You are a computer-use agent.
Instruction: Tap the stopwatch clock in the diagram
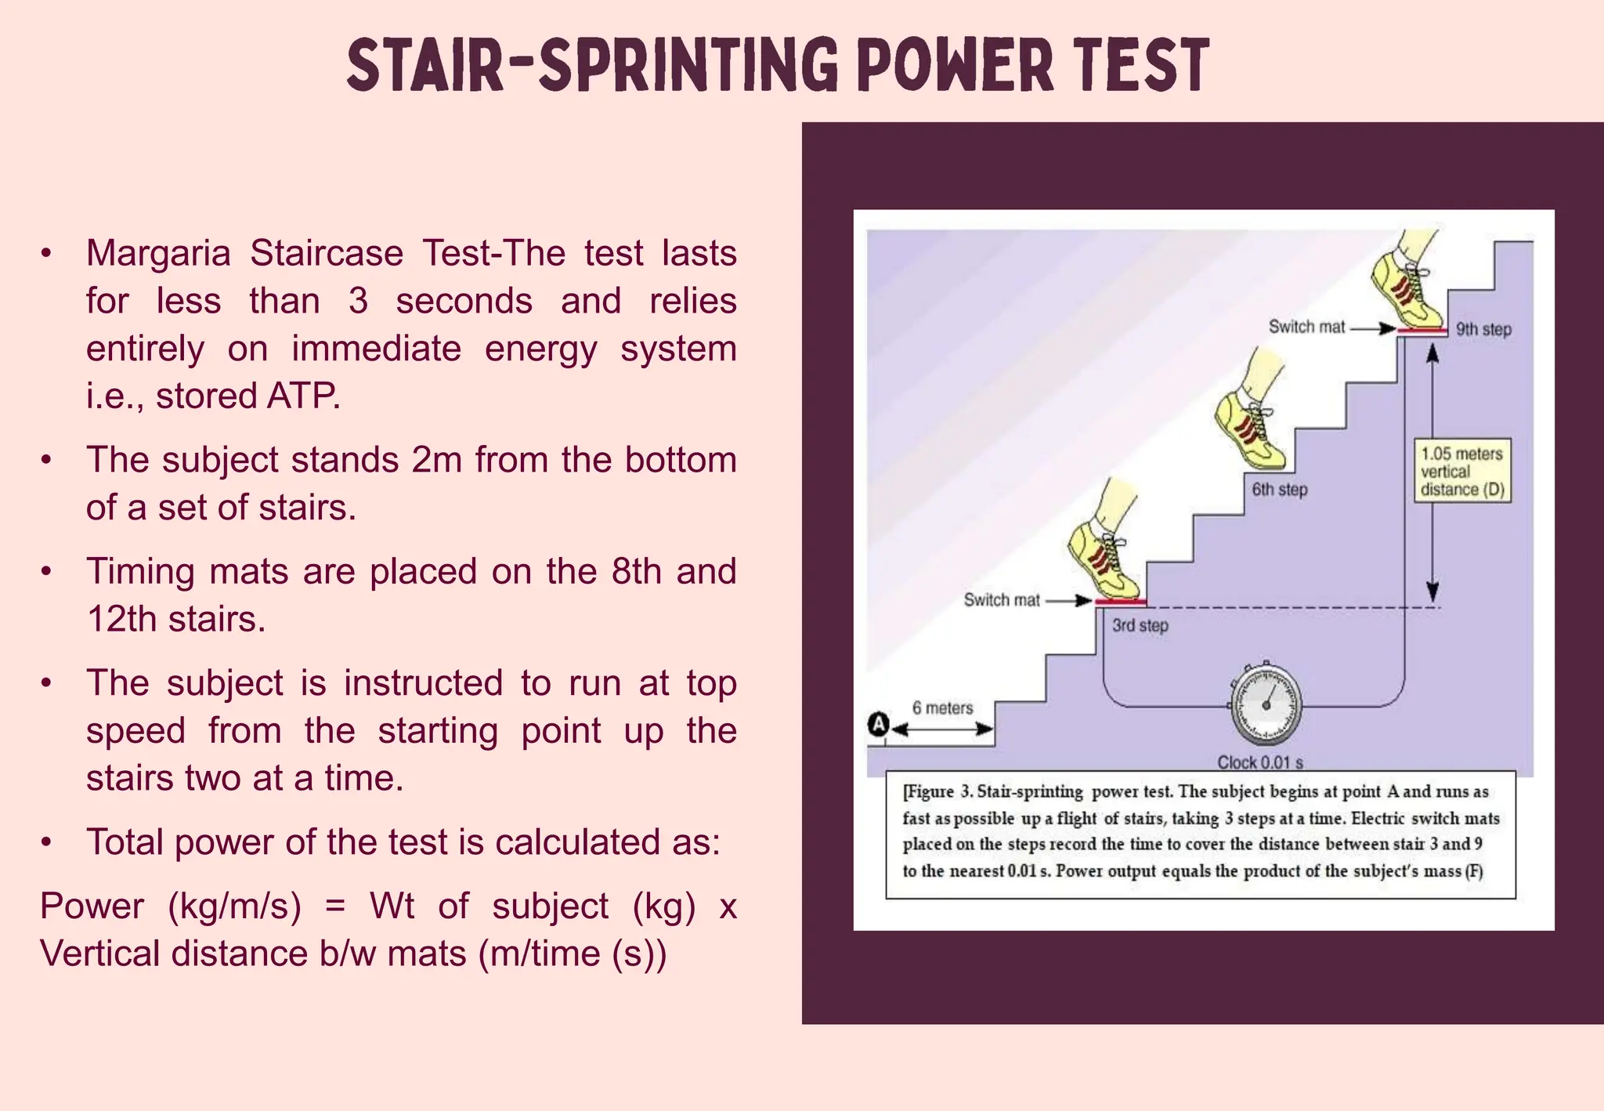pos(1266,704)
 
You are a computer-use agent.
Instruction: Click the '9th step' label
pos(1483,329)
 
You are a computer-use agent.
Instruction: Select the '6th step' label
pos(1279,490)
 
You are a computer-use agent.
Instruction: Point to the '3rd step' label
pos(1140,625)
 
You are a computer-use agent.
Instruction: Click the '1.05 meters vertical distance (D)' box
pos(1461,472)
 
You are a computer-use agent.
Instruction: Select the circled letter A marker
pos(879,724)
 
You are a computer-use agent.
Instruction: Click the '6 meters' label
pos(942,708)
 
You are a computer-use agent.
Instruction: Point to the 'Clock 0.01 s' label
pos(1259,762)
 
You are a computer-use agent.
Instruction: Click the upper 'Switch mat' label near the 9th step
pos(1306,327)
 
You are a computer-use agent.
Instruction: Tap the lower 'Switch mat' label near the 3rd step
pos(1002,600)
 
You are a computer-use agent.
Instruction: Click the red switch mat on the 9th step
pos(1422,331)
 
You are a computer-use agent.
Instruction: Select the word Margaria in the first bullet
pos(157,254)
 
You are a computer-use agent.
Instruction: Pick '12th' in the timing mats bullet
pos(121,620)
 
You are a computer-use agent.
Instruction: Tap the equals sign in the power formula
pos(334,907)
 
